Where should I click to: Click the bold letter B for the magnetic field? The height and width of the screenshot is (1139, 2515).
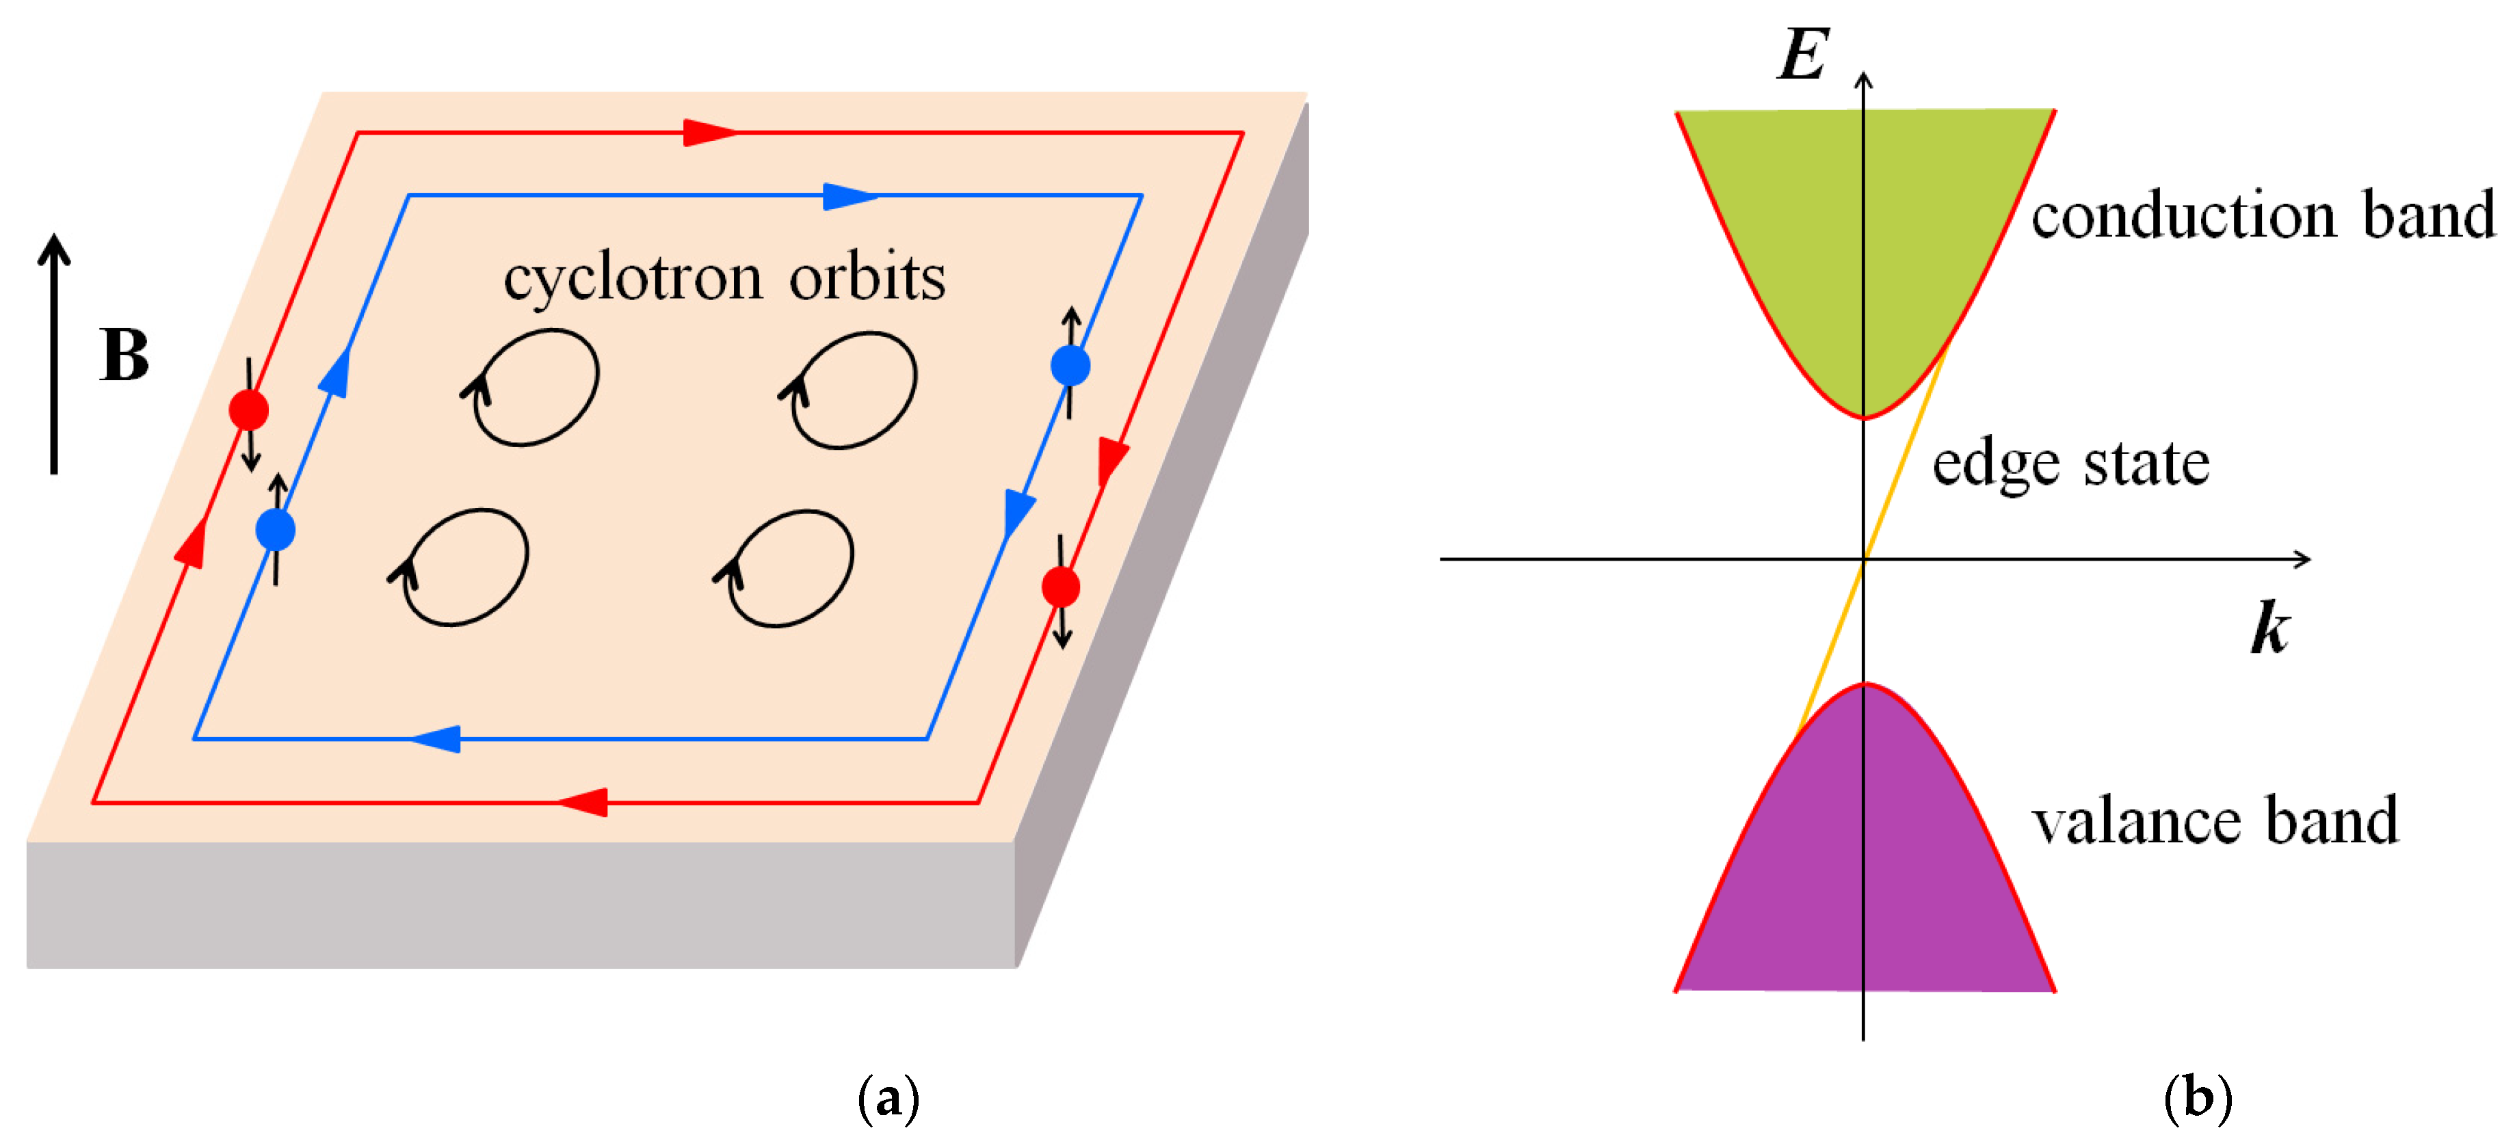pyautogui.click(x=124, y=356)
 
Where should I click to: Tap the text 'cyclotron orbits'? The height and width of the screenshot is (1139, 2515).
pyautogui.click(x=724, y=278)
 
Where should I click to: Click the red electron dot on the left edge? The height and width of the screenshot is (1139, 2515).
pyautogui.click(x=249, y=410)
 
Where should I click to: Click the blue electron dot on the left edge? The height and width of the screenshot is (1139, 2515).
pyautogui.click(x=276, y=529)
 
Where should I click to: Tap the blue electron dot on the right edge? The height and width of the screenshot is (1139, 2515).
pyautogui.click(x=1070, y=366)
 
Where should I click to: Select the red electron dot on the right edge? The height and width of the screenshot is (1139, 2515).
pyautogui.click(x=1060, y=587)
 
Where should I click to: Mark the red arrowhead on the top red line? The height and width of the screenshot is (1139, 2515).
pyautogui.click(x=709, y=132)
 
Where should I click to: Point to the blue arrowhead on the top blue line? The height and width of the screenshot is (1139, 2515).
pyautogui.click(x=848, y=196)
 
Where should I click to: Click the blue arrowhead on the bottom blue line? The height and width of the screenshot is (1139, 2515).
pyautogui.click(x=436, y=739)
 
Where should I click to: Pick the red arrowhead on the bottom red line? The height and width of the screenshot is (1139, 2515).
pyautogui.click(x=583, y=802)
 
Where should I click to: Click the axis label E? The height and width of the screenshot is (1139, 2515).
pyautogui.click(x=1802, y=55)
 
